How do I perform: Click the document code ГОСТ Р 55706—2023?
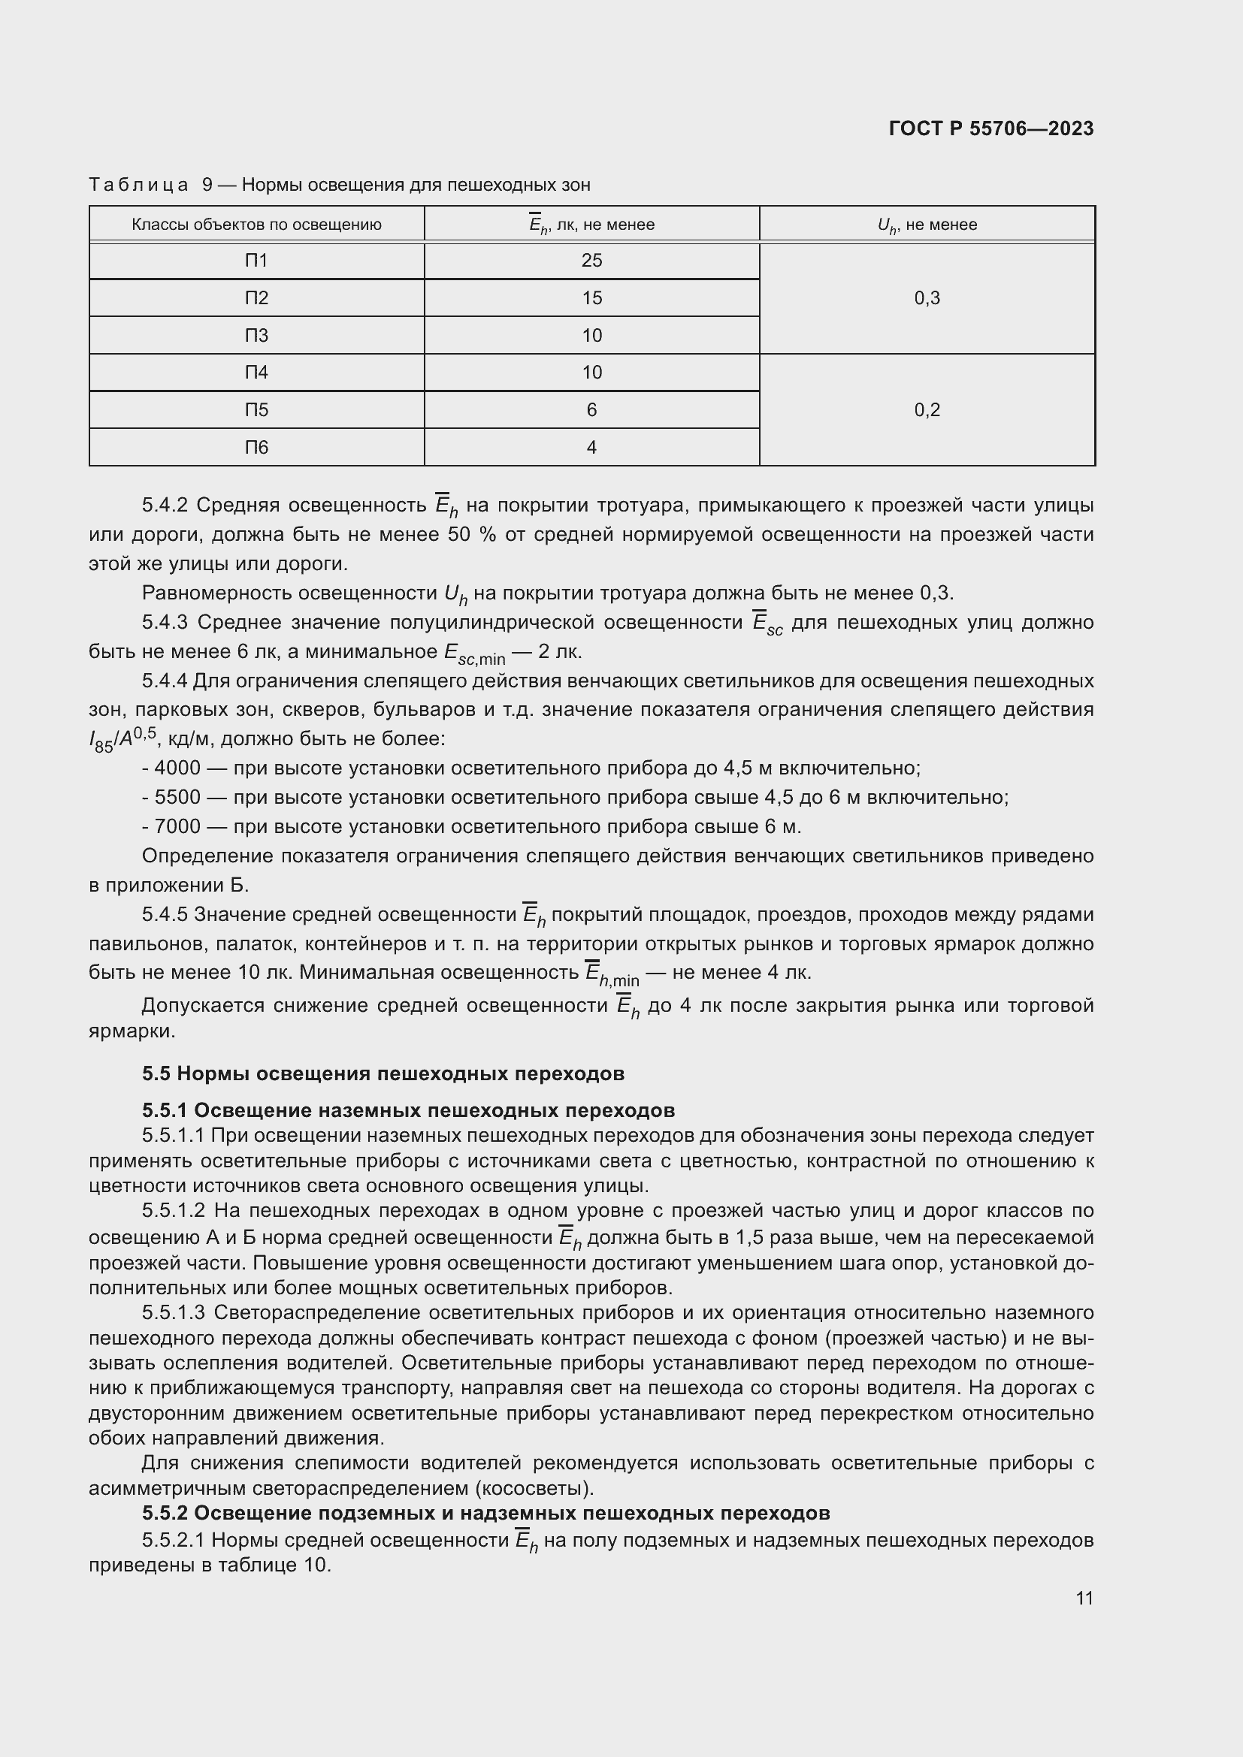coord(990,128)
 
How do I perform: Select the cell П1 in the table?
coord(256,261)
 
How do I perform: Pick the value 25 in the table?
coord(591,261)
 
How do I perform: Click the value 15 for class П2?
coord(591,297)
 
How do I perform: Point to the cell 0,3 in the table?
coord(926,297)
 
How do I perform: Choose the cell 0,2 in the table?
coord(926,409)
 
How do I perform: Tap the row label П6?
coord(256,447)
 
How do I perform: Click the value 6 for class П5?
coord(591,409)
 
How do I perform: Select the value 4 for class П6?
coord(591,447)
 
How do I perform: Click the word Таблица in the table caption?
coord(138,186)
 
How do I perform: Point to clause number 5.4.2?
coord(165,505)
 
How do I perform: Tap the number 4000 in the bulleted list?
coord(177,768)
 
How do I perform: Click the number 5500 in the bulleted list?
coord(177,798)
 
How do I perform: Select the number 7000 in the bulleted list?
coord(177,826)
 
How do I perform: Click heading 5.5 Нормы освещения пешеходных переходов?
coord(383,1073)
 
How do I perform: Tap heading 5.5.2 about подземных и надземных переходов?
coord(485,1514)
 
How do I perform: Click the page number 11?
coord(1084,1599)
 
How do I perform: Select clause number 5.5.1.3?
coord(173,1313)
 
